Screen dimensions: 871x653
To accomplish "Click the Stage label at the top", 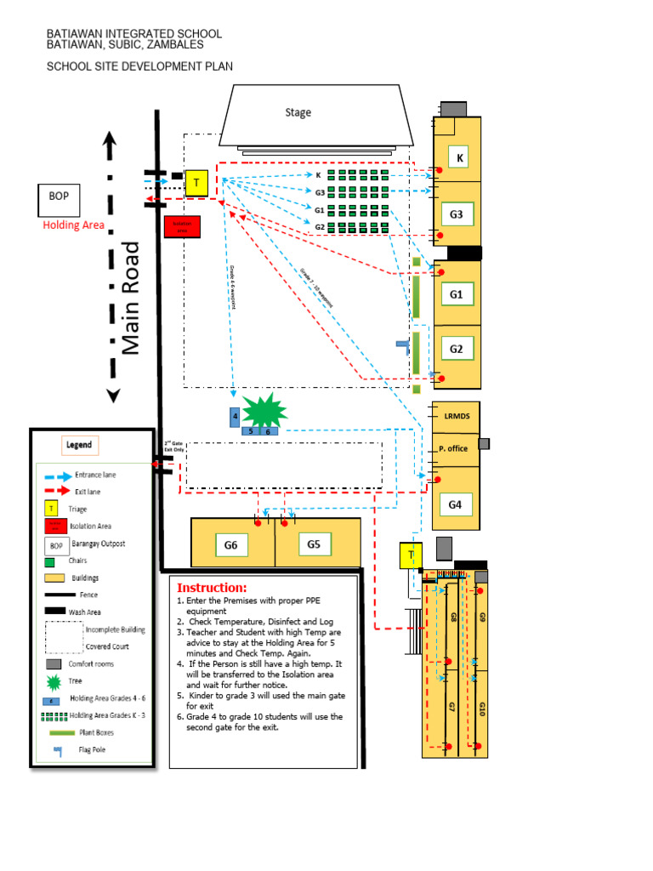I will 298,112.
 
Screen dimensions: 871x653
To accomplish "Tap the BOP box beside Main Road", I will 59,196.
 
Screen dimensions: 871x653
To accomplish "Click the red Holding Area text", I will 74,225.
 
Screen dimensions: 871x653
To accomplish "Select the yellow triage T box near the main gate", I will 196,182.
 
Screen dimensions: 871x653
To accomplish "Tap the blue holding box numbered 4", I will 235,417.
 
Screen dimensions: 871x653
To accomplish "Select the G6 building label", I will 230,544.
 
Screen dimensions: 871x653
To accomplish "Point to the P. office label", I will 453,448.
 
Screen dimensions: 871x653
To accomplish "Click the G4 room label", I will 455,504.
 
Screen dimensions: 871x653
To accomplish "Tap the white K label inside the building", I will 459,157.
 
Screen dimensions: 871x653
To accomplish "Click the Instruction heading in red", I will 212,588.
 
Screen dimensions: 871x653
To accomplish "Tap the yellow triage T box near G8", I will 411,556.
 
